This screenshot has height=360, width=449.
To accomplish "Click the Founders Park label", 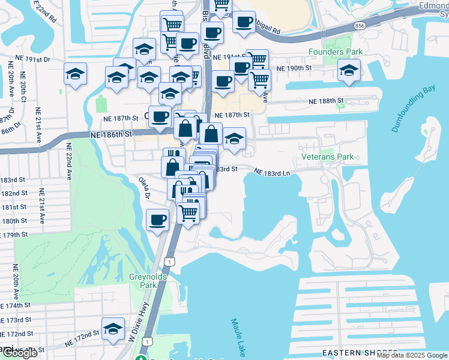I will pos(335,52).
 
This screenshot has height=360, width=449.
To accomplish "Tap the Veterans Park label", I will pos(327,157).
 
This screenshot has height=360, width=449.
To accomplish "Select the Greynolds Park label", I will pos(143,281).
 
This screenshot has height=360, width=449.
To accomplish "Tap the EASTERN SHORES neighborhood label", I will pos(359,352).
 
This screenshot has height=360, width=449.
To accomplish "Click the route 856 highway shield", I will pos(360,26).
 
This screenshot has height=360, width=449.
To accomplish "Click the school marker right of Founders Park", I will pos(349,72).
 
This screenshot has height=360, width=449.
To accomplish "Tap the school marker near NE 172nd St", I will pos(113,329).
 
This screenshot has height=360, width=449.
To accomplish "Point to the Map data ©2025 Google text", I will pos(411,355).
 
